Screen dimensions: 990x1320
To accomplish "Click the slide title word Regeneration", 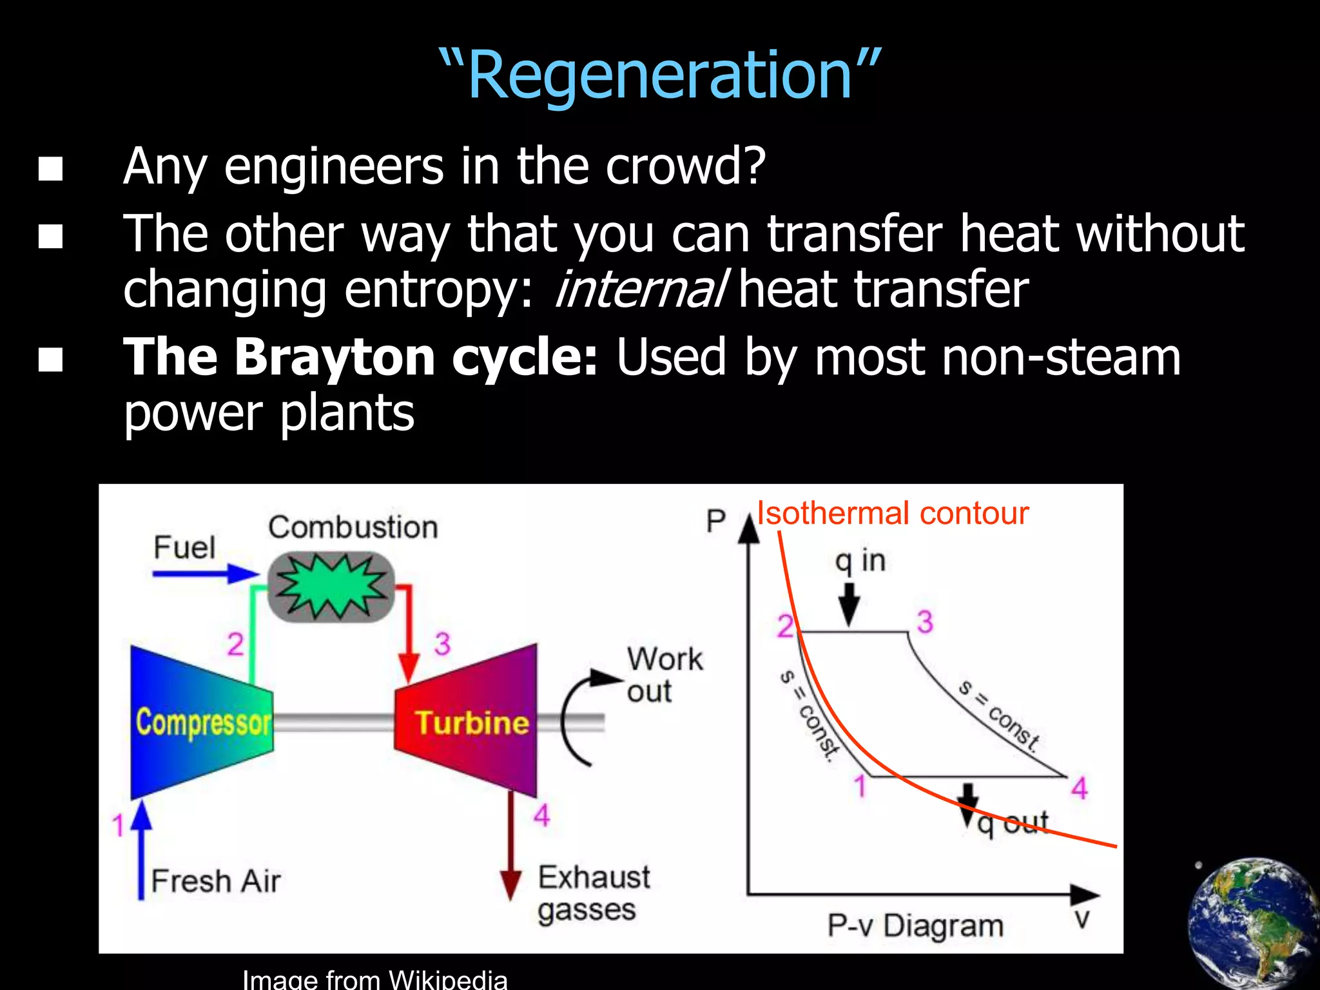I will [x=660, y=76].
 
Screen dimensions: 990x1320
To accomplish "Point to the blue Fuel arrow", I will [x=205, y=573].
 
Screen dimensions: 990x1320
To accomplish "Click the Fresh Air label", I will [x=216, y=881].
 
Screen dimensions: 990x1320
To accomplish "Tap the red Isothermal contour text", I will [x=893, y=514].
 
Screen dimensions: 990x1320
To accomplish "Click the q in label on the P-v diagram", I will [x=860, y=561].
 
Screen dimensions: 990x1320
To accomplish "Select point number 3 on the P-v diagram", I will [x=925, y=623].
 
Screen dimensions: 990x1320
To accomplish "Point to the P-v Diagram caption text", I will [x=915, y=926].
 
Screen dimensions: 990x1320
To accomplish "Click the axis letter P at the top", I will [x=715, y=521].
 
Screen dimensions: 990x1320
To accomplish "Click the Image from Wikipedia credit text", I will [x=374, y=978].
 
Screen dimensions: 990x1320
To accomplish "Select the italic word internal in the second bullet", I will [x=641, y=290].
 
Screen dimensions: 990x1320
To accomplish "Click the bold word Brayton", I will [x=335, y=357].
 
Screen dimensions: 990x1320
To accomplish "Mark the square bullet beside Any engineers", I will [x=51, y=169].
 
